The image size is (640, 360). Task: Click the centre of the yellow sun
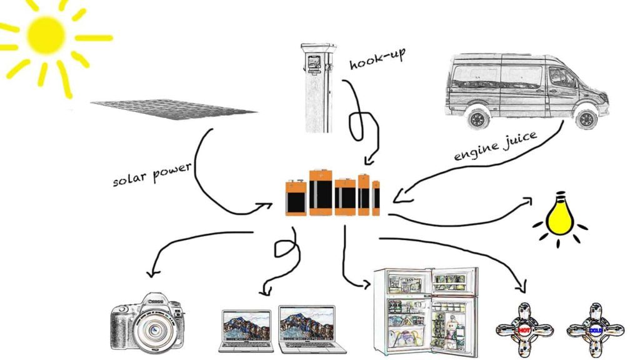click(x=46, y=36)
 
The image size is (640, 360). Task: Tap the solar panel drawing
click(x=174, y=109)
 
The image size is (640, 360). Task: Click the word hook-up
click(x=377, y=59)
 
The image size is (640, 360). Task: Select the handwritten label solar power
click(x=152, y=174)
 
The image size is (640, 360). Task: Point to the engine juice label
click(x=495, y=146)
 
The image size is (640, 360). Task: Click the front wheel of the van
click(x=586, y=118)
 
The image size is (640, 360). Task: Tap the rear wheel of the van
click(x=478, y=118)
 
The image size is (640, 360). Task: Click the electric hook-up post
click(x=318, y=87)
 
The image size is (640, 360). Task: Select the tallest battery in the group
click(x=321, y=192)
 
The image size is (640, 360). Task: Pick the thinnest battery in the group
click(x=376, y=198)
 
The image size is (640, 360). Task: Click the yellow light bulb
click(x=559, y=214)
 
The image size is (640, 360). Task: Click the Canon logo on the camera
click(x=155, y=301)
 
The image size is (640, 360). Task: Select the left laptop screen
click(x=246, y=326)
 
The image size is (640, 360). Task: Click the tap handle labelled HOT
click(x=524, y=329)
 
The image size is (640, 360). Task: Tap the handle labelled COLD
click(x=596, y=329)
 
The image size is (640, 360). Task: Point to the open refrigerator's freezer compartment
click(x=406, y=282)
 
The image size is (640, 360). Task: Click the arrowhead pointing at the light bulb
click(x=527, y=201)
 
